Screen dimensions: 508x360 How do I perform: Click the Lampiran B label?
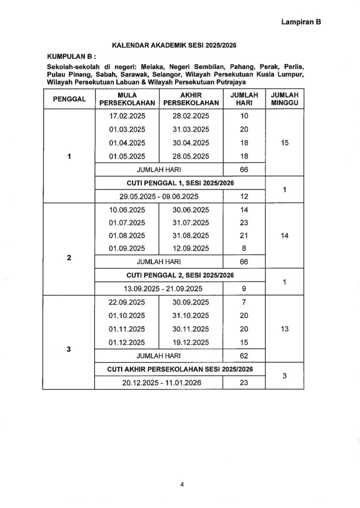(x=300, y=22)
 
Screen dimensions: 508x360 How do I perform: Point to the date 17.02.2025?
(x=127, y=116)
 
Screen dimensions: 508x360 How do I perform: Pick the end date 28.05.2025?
(x=191, y=156)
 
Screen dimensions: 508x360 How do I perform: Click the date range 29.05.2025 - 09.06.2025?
(x=159, y=196)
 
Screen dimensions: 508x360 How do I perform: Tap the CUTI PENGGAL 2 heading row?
(x=180, y=275)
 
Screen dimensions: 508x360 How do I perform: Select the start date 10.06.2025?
(x=127, y=209)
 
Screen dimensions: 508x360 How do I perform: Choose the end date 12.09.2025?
(x=191, y=248)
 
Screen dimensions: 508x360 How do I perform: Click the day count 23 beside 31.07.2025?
(x=244, y=223)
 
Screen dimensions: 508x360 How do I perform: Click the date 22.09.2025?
(x=127, y=302)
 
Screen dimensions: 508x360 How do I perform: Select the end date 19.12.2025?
(x=191, y=342)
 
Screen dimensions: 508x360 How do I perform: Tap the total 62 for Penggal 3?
(x=244, y=355)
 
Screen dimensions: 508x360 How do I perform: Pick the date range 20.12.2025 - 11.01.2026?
(x=159, y=383)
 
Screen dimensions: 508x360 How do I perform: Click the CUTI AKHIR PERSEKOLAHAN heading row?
(x=180, y=369)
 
